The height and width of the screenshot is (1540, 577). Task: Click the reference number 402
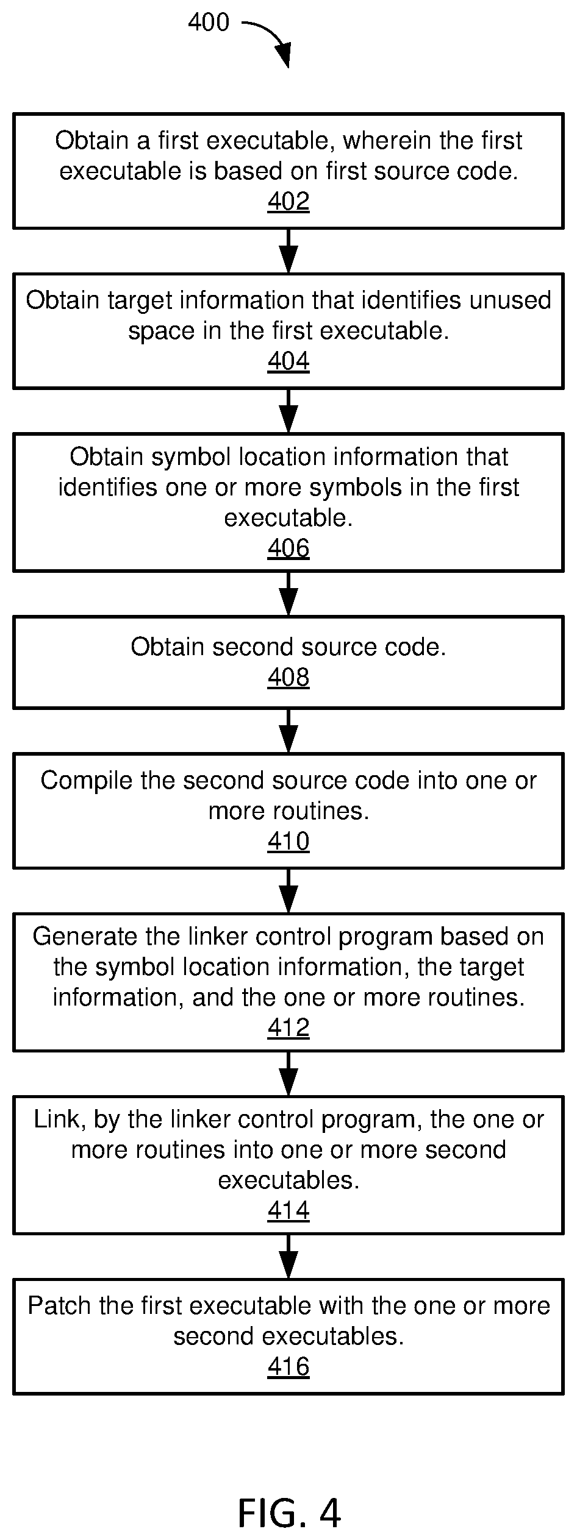click(288, 202)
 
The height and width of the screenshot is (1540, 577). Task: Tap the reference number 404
click(288, 361)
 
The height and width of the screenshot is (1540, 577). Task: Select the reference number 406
click(288, 548)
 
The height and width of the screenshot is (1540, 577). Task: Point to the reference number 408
click(288, 677)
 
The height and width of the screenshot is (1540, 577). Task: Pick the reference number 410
click(288, 842)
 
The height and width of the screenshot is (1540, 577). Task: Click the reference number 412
click(288, 1028)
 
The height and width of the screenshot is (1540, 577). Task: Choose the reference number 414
click(288, 1211)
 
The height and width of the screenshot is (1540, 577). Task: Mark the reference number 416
click(288, 1367)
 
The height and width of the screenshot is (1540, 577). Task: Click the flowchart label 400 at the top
click(209, 23)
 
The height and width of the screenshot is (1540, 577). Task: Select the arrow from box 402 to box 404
click(288, 251)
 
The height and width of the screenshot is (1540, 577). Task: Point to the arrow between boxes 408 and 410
click(288, 731)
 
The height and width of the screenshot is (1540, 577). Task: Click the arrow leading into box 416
click(288, 1257)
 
